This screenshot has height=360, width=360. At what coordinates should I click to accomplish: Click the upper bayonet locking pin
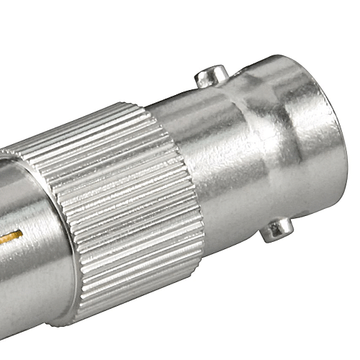point(211,74)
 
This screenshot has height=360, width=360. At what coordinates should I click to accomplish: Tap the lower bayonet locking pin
point(276,230)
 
